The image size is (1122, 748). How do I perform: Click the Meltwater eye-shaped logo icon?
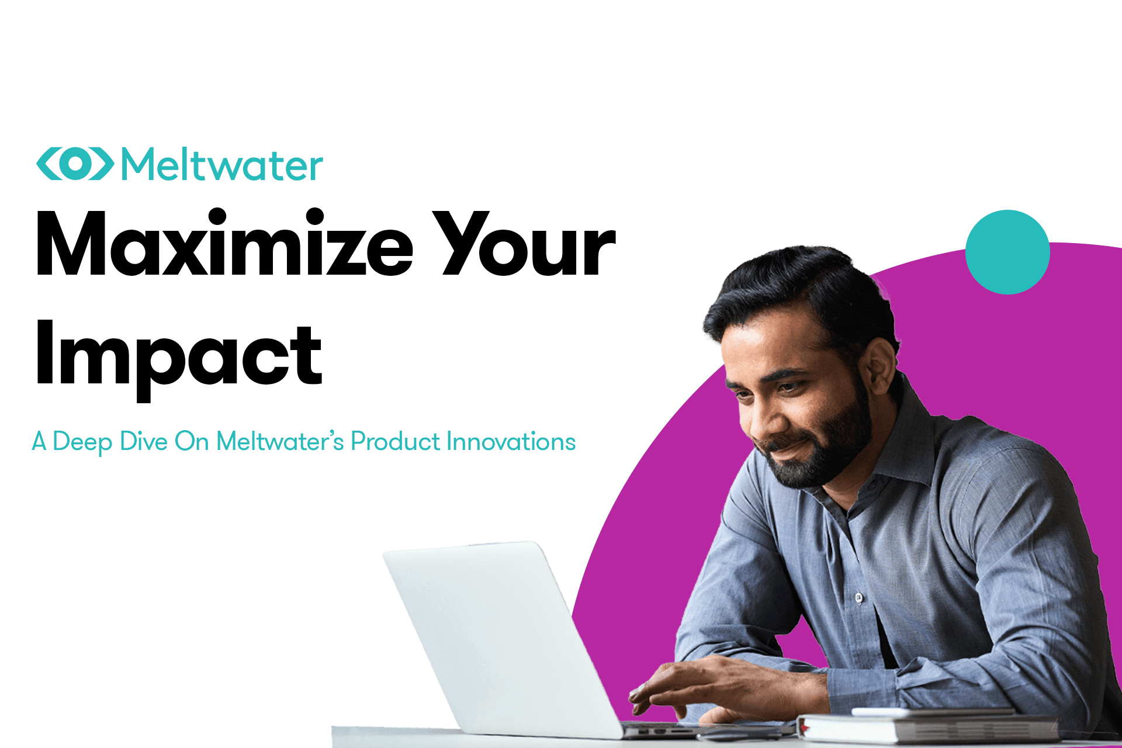click(x=75, y=164)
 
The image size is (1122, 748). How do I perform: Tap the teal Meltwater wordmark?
click(x=222, y=165)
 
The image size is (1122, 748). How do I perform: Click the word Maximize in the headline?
click(x=224, y=244)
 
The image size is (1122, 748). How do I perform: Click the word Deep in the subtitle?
click(x=82, y=442)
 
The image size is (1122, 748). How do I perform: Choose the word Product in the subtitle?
click(x=395, y=442)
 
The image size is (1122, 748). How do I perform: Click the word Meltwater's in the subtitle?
click(x=280, y=442)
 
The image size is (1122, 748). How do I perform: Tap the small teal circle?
click(x=1007, y=252)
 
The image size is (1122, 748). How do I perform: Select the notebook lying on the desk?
click(x=929, y=728)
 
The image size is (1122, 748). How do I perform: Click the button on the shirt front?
click(x=858, y=598)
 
